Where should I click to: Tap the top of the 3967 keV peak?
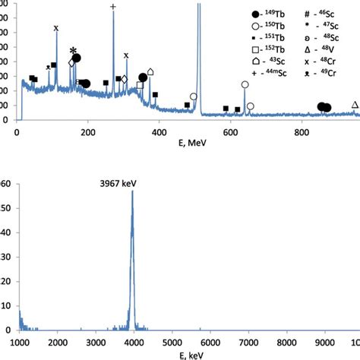133,191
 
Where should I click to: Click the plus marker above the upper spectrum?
113,7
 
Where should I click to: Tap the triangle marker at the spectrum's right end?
355,104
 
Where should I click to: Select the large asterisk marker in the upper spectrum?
73,51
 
